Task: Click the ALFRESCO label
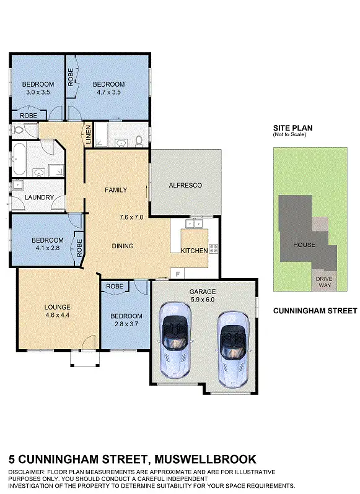tap(185, 185)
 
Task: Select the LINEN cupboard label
tap(89, 134)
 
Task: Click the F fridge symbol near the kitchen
tap(178, 273)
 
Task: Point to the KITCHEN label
tap(194, 251)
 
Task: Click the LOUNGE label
tap(57, 307)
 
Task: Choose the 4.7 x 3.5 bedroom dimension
tap(108, 92)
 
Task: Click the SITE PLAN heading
tap(293, 128)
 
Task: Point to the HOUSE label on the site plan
tap(304, 245)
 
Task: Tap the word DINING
tap(123, 246)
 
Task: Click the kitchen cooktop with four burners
tap(214, 249)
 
